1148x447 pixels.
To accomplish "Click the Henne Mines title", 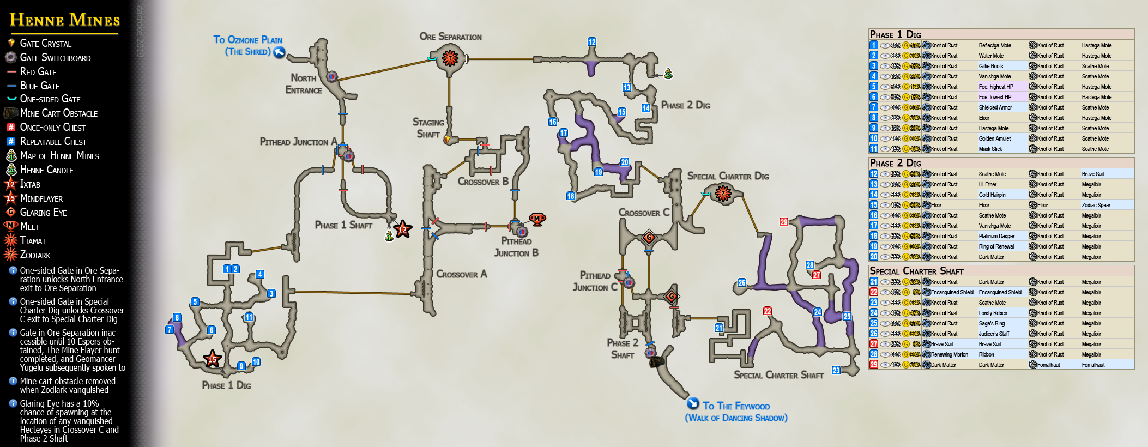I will click(x=64, y=20).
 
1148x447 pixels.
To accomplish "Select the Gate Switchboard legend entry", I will click(x=55, y=58).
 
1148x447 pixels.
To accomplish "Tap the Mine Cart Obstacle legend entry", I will click(x=58, y=113).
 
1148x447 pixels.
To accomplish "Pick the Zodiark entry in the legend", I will click(x=35, y=255).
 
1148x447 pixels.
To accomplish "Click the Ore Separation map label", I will click(x=450, y=37).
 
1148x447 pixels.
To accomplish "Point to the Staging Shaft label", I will click(x=428, y=128).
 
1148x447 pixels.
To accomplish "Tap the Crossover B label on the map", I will click(x=482, y=182).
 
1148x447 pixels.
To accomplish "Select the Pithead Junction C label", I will click(x=595, y=281).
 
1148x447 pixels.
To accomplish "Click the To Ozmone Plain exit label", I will click(x=248, y=45).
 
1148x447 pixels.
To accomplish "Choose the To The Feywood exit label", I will click(x=736, y=412).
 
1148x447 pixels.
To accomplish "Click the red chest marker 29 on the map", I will click(x=783, y=222).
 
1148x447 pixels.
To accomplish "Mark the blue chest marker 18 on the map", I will click(x=571, y=196).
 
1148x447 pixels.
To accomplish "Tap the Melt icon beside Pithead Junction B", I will click(x=537, y=219).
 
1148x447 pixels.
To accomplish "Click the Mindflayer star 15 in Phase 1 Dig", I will click(x=212, y=359).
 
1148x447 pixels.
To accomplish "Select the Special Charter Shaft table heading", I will click(x=916, y=271).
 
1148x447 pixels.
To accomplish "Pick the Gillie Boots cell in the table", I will click(x=990, y=67).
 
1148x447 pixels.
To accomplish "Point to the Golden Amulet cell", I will click(x=994, y=139).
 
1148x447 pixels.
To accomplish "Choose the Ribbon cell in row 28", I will click(x=986, y=355).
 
